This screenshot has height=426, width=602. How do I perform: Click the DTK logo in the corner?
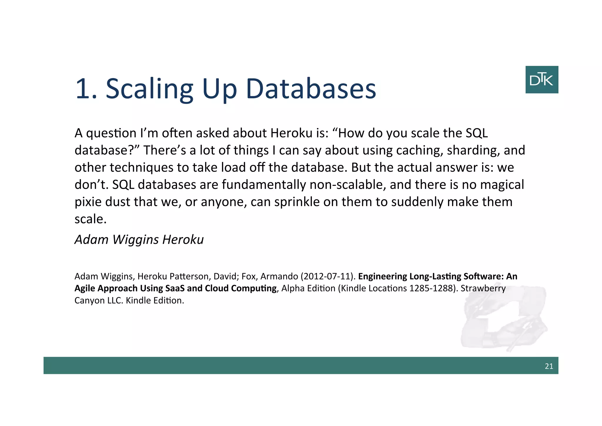[541, 80]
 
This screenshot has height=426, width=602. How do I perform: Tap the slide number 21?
[549, 366]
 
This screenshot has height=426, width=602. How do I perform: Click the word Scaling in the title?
[149, 89]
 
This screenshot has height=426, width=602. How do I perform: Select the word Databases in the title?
[311, 89]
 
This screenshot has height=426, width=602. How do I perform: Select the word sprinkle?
[297, 202]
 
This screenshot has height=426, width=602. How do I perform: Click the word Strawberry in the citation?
[483, 288]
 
